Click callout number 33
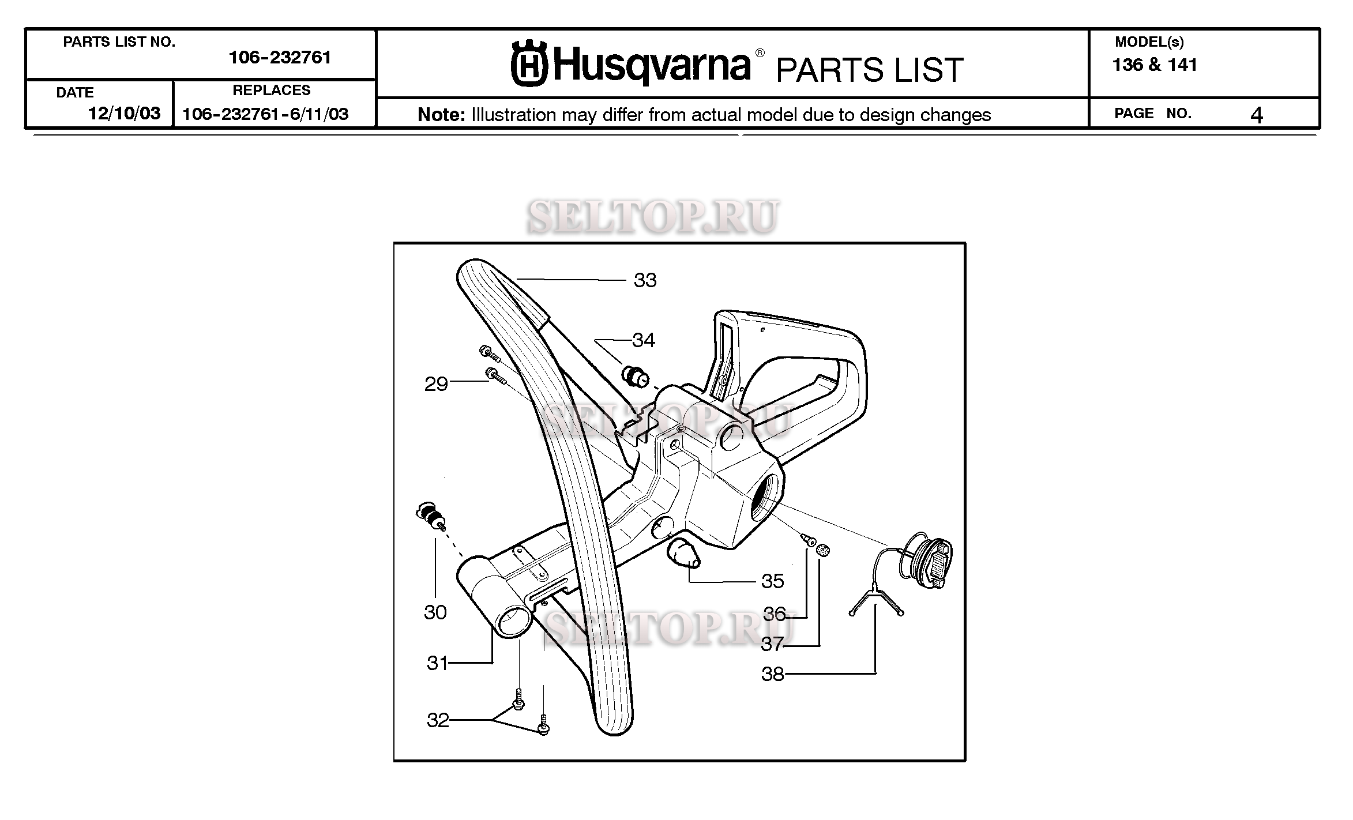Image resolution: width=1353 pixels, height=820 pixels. click(x=645, y=280)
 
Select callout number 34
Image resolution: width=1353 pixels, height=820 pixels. click(x=644, y=340)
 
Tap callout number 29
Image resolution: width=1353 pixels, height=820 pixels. click(x=436, y=384)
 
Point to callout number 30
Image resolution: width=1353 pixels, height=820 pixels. click(x=435, y=612)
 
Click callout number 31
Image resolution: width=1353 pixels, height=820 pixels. click(x=437, y=663)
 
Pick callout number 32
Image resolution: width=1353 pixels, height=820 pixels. click(x=438, y=720)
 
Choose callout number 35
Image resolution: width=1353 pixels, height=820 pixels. click(x=772, y=581)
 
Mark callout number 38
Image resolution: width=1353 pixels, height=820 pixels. click(x=772, y=674)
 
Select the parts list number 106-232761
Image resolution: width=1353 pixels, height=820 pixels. click(x=280, y=58)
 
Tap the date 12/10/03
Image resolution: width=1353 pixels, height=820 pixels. click(x=124, y=114)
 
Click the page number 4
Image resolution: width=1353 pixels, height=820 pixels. click(x=1257, y=116)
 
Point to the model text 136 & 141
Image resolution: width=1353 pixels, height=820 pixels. click(x=1155, y=65)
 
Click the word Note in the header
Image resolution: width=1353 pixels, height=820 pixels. click(x=441, y=115)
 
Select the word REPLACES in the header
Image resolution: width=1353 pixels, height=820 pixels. click(x=271, y=91)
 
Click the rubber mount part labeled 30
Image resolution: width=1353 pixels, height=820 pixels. click(x=431, y=515)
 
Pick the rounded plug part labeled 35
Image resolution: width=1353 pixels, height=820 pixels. click(x=683, y=555)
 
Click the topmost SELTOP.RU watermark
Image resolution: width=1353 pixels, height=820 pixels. click(x=653, y=217)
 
